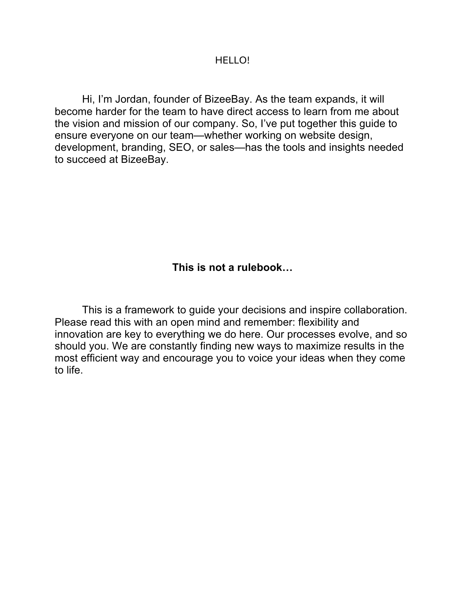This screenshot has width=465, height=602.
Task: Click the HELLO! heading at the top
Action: (232, 61)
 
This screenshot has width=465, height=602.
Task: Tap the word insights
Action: (346, 147)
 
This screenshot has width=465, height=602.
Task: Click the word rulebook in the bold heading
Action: (260, 267)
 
